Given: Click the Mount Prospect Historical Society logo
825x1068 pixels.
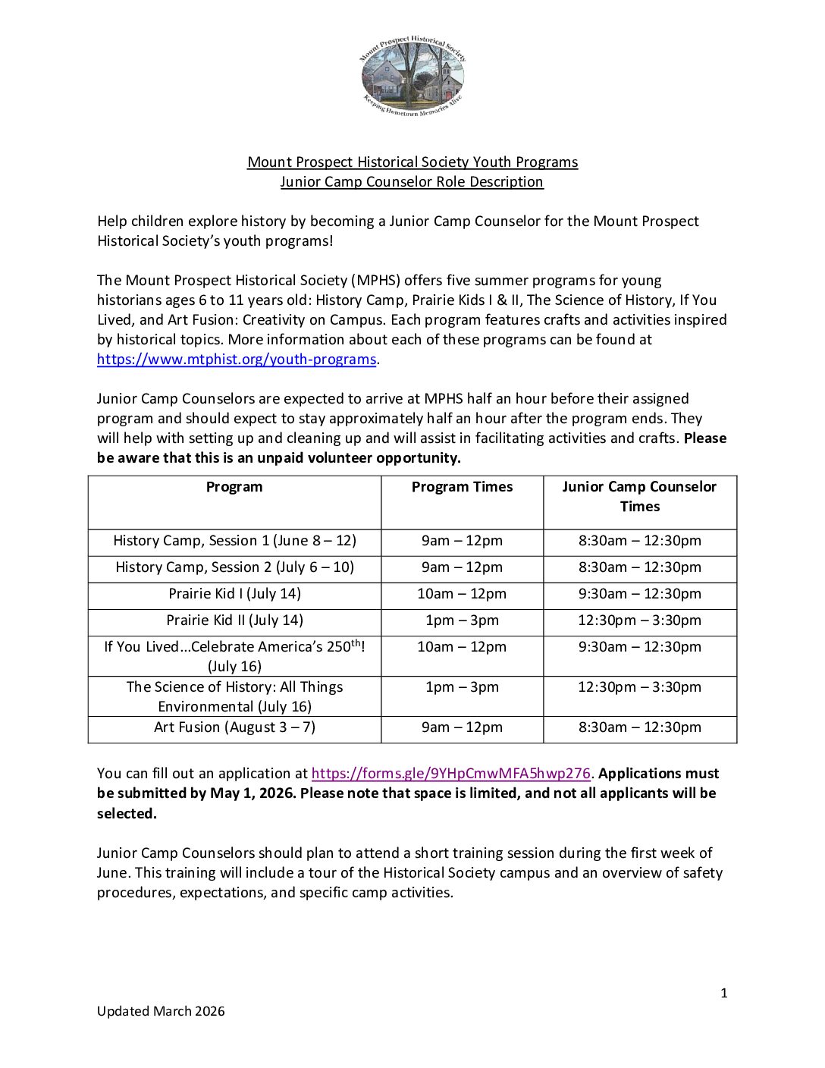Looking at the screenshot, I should (412, 76).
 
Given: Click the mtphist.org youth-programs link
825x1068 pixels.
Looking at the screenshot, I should (236, 360).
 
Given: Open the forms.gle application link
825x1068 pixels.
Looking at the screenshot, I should (450, 774).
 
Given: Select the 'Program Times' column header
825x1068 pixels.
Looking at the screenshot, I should (462, 487).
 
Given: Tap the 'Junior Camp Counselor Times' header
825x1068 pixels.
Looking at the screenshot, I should (639, 497).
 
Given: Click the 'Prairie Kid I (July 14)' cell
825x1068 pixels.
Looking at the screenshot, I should (234, 594).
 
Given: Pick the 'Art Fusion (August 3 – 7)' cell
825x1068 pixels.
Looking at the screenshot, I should (234, 727).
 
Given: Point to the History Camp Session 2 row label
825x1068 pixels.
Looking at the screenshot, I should (234, 567).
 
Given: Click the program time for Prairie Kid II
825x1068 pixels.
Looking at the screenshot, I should (462, 620).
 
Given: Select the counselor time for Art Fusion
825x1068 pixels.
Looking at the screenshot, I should (639, 727).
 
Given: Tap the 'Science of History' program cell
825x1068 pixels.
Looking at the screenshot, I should (234, 696).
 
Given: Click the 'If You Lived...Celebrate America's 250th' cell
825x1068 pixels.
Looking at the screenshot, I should (234, 656).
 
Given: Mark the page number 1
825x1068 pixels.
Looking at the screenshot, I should (724, 993).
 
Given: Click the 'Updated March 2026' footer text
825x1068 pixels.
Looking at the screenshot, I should (161, 1011).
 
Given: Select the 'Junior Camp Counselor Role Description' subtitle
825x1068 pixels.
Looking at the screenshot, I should (412, 182).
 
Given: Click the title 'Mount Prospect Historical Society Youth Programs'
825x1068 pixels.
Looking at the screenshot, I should (412, 162).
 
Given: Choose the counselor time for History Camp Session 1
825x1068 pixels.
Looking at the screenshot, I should (639, 541).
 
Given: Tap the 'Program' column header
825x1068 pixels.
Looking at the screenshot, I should (234, 487).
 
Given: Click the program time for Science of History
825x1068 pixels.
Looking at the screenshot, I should (462, 687).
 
